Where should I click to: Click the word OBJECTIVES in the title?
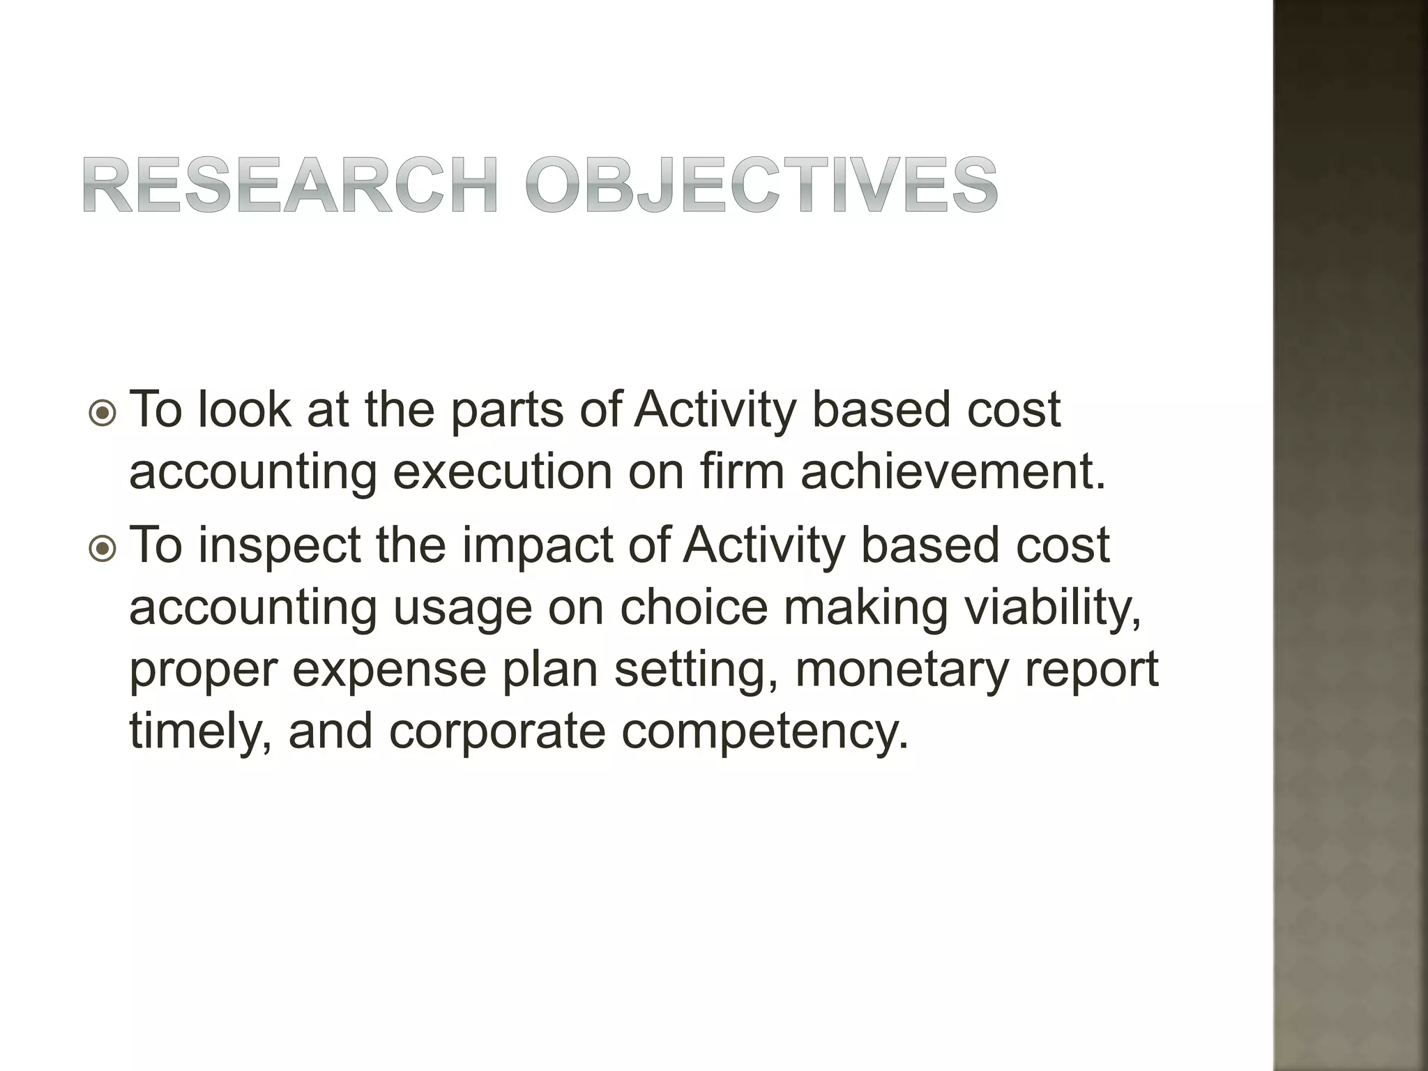point(761,185)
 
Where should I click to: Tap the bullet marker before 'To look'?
point(104,413)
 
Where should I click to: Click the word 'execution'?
point(502,473)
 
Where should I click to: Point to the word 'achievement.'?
point(953,473)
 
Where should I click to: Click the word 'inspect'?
point(280,546)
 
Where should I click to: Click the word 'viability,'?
point(1053,608)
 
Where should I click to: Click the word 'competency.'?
point(766,732)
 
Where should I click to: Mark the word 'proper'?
point(202,671)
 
